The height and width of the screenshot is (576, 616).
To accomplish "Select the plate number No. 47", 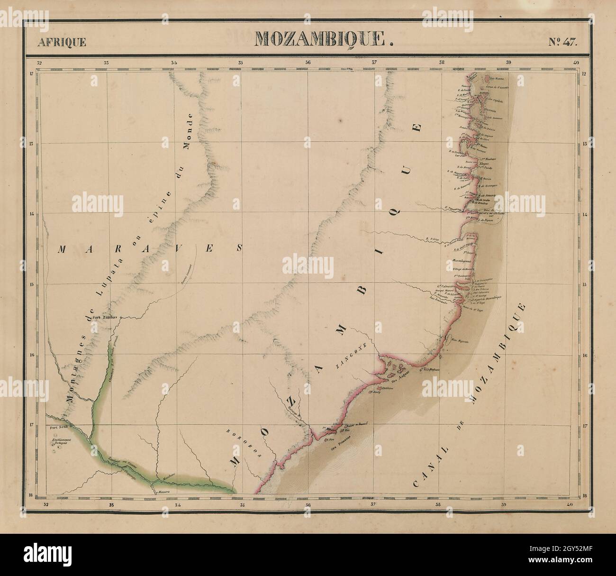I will pos(563,41).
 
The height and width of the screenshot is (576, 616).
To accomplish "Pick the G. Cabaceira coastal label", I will pos(446,286).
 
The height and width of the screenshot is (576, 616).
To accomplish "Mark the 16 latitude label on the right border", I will pos(584,356).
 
